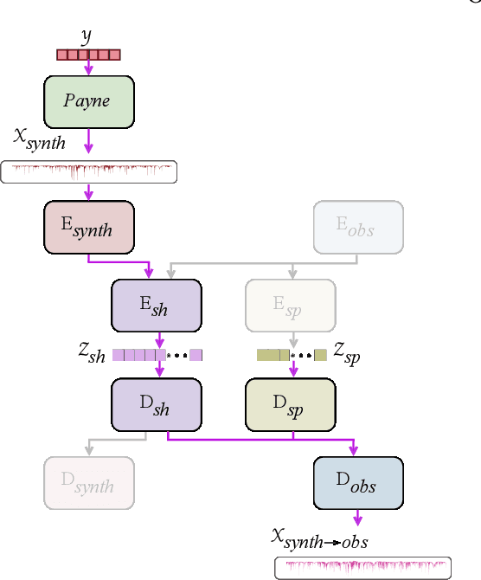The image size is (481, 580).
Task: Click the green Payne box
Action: [x=89, y=101]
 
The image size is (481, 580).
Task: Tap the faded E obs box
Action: [x=358, y=227]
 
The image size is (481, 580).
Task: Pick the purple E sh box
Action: [x=157, y=306]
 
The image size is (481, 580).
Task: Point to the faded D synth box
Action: [x=89, y=484]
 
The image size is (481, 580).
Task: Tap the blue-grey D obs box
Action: [x=358, y=484]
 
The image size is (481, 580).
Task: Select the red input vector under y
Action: [x=88, y=55]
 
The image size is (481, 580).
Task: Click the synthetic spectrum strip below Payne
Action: [x=89, y=171]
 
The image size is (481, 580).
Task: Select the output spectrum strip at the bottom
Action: [x=362, y=567]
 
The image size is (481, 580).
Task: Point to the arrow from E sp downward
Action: [x=292, y=338]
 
